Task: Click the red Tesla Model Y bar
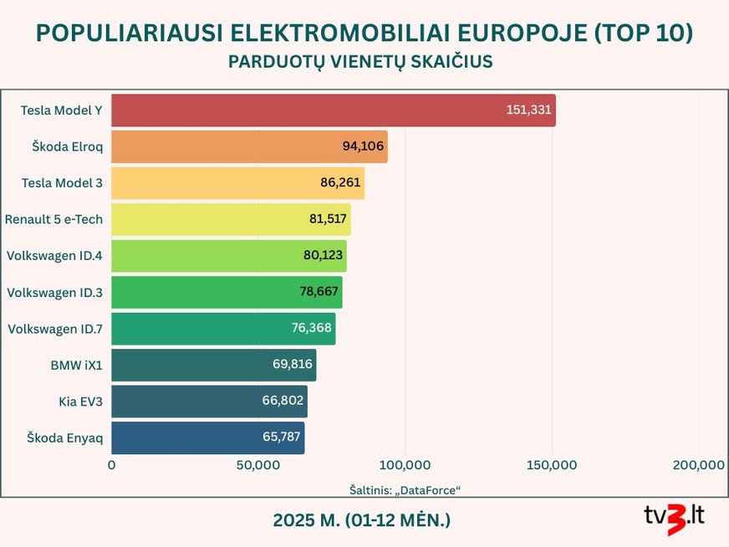[x=333, y=110]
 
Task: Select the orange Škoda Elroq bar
[x=249, y=146]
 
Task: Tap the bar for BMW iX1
[x=213, y=366]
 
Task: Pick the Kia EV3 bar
[x=209, y=401]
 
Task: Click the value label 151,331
[x=528, y=110]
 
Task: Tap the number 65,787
[x=281, y=438]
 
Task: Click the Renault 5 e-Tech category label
[x=54, y=219]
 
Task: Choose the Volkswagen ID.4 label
[x=54, y=256]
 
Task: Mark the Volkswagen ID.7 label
[x=54, y=329]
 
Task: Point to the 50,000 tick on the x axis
[x=257, y=465]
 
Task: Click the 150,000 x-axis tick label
[x=552, y=465]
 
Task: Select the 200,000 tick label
[x=697, y=465]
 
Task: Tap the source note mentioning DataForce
[x=405, y=488]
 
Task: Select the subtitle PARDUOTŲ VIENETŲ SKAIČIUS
[x=360, y=63]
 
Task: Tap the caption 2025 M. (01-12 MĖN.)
[x=361, y=519]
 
